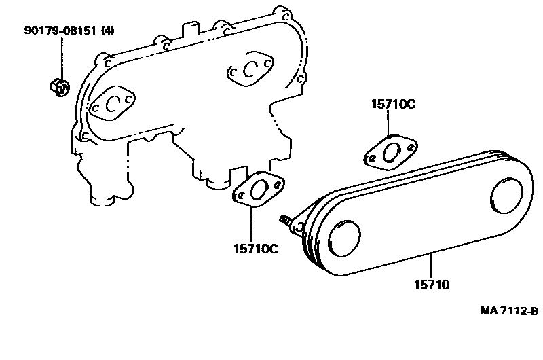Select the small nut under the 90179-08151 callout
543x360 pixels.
click(58, 86)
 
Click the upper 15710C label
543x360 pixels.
click(393, 105)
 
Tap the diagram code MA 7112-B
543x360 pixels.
click(509, 311)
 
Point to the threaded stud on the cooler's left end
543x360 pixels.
click(286, 221)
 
